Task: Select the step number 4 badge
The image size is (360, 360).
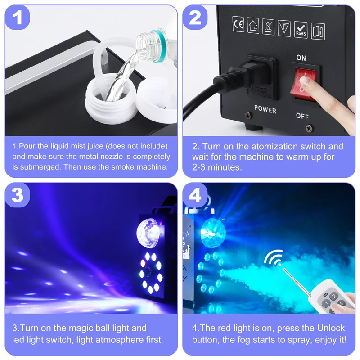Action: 195,195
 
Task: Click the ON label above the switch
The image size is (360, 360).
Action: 301,58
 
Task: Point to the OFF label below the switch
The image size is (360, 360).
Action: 302,116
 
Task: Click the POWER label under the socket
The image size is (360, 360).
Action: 265,109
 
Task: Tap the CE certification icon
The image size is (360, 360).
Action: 238,26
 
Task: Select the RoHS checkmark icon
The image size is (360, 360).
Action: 301,29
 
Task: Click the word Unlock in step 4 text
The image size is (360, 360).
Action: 333,328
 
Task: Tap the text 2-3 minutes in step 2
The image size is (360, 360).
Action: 217,167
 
